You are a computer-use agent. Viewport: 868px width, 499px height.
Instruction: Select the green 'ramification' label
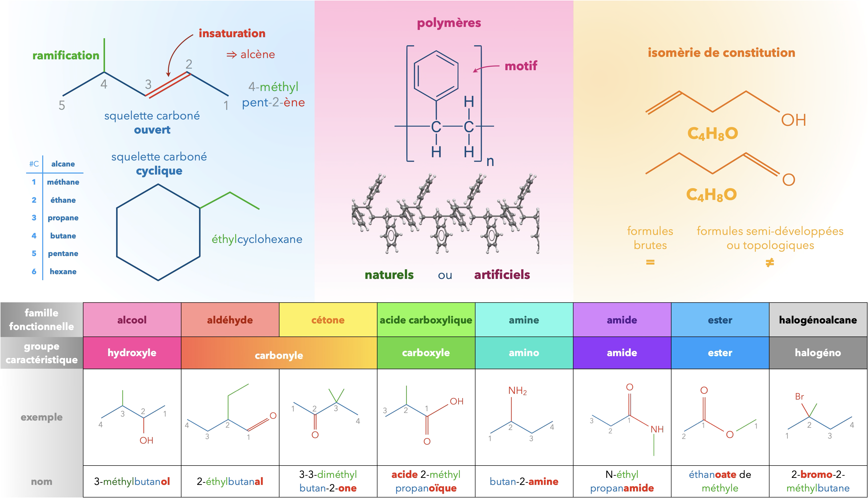click(x=66, y=55)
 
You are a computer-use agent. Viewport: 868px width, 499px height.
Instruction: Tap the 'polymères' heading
click(x=449, y=23)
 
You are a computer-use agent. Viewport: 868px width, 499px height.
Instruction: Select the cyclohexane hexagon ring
click(x=117, y=232)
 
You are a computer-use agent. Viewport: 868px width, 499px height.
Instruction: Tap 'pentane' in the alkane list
click(x=63, y=254)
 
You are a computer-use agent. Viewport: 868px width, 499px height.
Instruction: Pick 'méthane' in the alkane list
click(x=63, y=182)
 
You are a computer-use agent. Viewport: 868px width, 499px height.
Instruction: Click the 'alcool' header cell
click(x=132, y=320)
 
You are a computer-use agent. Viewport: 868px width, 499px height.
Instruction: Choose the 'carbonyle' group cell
click(x=279, y=353)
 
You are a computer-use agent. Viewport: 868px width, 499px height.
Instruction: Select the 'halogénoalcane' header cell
click(x=818, y=320)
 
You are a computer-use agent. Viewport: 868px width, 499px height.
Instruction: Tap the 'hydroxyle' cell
click(x=132, y=353)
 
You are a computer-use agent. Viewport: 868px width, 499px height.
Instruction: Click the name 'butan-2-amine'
click(x=524, y=482)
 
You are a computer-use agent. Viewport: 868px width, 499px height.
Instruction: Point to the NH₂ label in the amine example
click(x=517, y=391)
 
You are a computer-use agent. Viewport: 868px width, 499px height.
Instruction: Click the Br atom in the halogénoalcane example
click(x=799, y=397)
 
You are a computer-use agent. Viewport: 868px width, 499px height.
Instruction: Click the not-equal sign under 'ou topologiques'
click(x=770, y=263)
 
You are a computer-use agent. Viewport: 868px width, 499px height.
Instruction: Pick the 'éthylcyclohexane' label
click(x=257, y=239)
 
